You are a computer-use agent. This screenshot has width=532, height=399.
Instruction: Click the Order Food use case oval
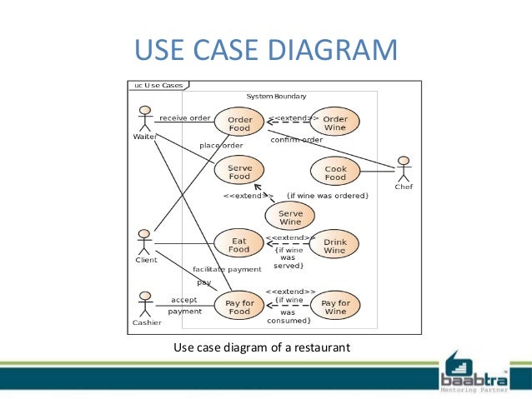pos(239,124)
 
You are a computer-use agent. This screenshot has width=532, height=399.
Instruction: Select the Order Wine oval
pos(335,124)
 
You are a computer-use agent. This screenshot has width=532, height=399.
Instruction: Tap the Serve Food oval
pos(239,172)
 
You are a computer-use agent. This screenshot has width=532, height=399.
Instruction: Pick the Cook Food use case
pos(335,173)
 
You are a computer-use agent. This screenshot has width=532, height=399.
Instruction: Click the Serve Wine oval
pos(290,217)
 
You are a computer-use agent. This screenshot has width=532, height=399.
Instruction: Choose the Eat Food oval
pos(239,244)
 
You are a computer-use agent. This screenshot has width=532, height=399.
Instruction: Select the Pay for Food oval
pos(239,307)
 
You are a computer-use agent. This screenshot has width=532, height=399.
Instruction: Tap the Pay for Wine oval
pos(335,307)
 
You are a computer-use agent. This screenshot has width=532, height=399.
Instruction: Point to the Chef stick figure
pos(404,170)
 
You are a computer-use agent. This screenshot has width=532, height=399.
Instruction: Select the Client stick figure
pos(145,242)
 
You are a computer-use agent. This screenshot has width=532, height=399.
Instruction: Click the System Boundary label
pos(276,97)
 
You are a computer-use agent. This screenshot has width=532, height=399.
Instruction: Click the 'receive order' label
pos(185,118)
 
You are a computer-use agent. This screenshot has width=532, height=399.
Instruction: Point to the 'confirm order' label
pos(297,139)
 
